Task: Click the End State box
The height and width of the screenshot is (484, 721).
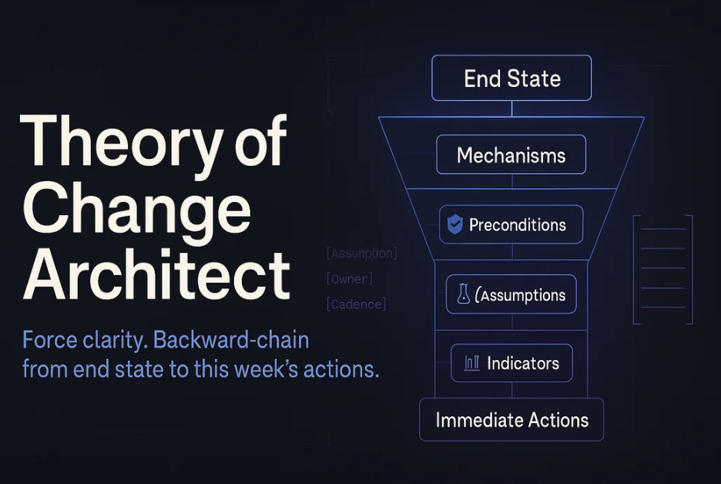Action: pyautogui.click(x=511, y=78)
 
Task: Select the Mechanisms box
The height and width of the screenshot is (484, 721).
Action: pyautogui.click(x=511, y=155)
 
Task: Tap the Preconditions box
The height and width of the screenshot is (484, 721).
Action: pyautogui.click(x=511, y=224)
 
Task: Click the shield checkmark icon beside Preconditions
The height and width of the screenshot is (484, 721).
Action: pyautogui.click(x=454, y=224)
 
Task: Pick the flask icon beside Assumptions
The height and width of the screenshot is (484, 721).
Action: pyautogui.click(x=464, y=294)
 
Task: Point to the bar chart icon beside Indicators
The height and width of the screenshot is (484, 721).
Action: pyautogui.click(x=471, y=363)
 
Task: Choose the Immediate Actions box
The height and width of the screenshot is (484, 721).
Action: pyautogui.click(x=511, y=419)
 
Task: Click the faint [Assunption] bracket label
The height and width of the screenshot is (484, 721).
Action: pyautogui.click(x=361, y=253)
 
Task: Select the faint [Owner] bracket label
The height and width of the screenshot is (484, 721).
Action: pyautogui.click(x=350, y=279)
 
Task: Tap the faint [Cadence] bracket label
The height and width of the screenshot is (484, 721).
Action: pyautogui.click(x=356, y=304)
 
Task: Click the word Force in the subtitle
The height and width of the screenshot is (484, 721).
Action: pyautogui.click(x=49, y=341)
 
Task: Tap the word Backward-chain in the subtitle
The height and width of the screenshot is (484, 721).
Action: pyautogui.click(x=231, y=341)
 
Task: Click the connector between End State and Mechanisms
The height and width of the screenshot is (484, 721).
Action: pyautogui.click(x=511, y=109)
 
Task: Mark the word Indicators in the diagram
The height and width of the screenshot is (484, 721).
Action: pyautogui.click(x=523, y=364)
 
